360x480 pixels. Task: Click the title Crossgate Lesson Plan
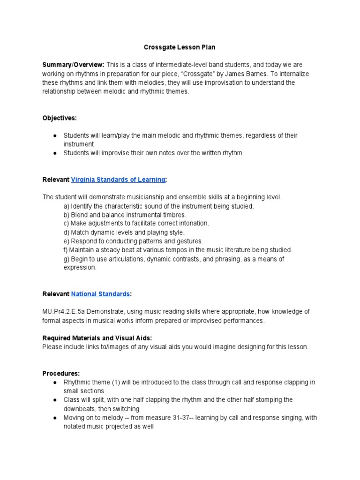click(x=180, y=47)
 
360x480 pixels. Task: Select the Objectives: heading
click(x=59, y=118)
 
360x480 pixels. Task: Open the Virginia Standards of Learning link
click(x=118, y=180)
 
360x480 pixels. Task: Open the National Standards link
click(x=100, y=294)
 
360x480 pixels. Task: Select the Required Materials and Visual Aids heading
click(x=97, y=338)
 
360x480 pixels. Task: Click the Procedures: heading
click(x=61, y=374)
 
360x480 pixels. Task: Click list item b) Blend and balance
click(x=125, y=215)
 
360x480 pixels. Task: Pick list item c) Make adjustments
click(x=136, y=224)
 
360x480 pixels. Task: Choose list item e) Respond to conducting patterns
click(x=134, y=241)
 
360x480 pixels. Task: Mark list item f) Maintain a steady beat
click(x=178, y=250)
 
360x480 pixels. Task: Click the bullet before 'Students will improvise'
click(x=55, y=153)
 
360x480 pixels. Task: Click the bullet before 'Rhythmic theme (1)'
click(x=55, y=382)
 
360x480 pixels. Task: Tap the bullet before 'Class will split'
click(x=55, y=400)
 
